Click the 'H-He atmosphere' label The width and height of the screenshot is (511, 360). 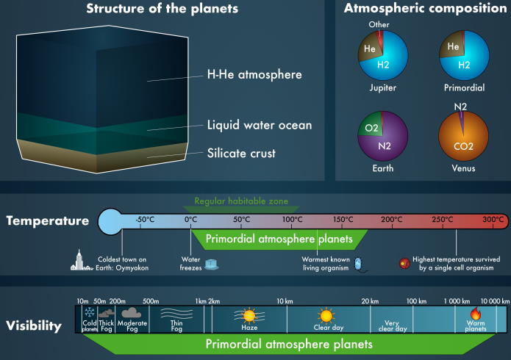(x=254, y=75)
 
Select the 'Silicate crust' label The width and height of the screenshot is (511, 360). (x=241, y=153)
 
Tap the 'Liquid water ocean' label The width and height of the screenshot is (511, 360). (x=260, y=125)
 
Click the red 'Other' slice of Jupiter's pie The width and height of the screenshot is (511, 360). (x=379, y=38)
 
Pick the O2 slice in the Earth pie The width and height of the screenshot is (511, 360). (x=371, y=126)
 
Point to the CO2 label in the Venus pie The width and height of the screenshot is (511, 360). (x=463, y=146)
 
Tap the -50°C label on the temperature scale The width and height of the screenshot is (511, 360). (x=145, y=220)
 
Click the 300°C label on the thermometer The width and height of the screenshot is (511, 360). (x=493, y=220)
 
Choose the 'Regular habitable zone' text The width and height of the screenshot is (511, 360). (x=241, y=201)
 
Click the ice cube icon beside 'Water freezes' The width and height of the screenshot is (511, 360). (x=212, y=264)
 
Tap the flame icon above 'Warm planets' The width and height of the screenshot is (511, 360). (x=476, y=314)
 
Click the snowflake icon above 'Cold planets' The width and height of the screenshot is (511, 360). (x=90, y=312)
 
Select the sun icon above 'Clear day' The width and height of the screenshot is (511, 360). (x=326, y=316)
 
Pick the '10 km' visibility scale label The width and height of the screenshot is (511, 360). (x=285, y=301)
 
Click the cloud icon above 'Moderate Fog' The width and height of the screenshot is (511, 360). (x=131, y=313)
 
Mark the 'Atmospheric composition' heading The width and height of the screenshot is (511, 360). (x=425, y=8)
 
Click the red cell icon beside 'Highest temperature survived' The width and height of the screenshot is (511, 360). (x=405, y=263)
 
